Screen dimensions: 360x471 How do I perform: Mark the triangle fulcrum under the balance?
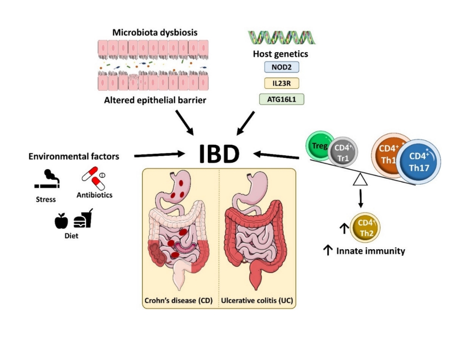pyautogui.click(x=361, y=180)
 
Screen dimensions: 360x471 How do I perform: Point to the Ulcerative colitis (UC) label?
pyautogui.click(x=257, y=301)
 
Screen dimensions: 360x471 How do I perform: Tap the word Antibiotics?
pyautogui.click(x=95, y=195)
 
